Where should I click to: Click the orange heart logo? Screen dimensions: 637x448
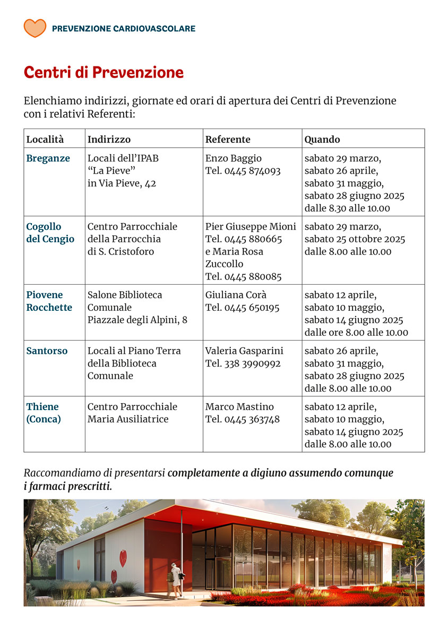(35, 28)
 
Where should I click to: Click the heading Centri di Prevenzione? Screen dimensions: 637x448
(104, 73)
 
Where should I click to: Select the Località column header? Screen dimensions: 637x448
(45, 139)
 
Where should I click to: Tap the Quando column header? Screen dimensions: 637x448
(322, 139)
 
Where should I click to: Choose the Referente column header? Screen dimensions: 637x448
(228, 139)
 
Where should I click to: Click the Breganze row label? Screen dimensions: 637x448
(48, 158)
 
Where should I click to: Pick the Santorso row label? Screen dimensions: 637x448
(47, 351)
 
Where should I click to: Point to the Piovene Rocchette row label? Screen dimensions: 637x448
(49, 301)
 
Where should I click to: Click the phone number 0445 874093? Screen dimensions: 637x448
(252, 171)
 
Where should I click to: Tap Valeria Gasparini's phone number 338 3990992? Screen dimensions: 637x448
(252, 363)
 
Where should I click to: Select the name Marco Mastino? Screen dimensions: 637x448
(239, 406)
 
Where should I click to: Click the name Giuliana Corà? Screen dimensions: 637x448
(236, 295)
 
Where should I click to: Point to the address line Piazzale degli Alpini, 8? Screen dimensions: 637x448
(137, 320)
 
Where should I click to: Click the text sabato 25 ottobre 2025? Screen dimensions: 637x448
(355, 239)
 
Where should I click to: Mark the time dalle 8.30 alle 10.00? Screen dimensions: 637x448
(347, 208)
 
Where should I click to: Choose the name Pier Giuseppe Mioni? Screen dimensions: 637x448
(251, 226)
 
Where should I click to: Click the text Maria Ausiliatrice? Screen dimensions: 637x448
(128, 419)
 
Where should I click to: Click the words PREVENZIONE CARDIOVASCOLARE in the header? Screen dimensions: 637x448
(124, 29)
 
